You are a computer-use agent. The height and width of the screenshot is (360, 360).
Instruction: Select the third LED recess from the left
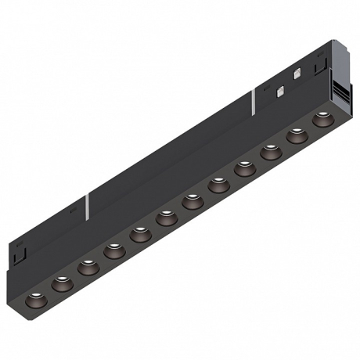coord(86,268)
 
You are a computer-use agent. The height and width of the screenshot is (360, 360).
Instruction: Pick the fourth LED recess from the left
coord(112,250)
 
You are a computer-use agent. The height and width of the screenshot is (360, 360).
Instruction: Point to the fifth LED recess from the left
coord(139,234)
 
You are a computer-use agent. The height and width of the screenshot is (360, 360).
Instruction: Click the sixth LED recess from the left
coord(165,218)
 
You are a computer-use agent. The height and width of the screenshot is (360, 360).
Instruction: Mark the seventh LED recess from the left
coord(191,201)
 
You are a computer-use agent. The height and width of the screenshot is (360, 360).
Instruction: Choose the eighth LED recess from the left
coord(218,185)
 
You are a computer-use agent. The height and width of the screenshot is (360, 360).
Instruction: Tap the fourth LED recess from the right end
coord(244,168)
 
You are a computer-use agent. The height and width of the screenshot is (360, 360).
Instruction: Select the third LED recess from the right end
coord(270,153)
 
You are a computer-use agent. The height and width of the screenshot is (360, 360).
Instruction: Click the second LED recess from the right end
coord(297,136)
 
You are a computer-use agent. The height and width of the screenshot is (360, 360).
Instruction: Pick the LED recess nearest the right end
coord(322,121)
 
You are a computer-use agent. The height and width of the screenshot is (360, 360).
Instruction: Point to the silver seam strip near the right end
coord(254,100)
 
